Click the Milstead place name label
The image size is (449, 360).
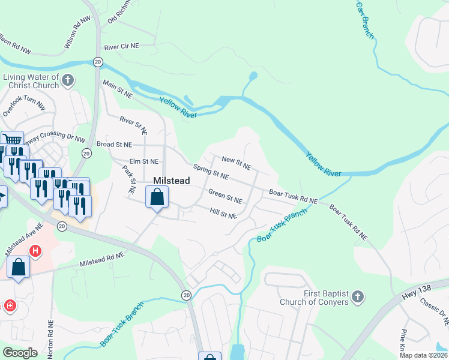[172, 181]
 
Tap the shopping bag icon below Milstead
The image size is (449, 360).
[157, 197]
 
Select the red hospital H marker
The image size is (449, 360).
[35, 251]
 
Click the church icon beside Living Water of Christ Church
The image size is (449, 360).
[68, 80]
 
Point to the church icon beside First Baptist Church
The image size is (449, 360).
[357, 296]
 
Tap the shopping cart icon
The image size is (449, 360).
[12, 139]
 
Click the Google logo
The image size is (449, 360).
[19, 353]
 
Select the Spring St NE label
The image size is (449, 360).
[211, 172]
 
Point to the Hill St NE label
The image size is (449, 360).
[224, 213]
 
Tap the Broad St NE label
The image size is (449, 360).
[113, 145]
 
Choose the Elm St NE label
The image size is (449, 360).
[144, 161]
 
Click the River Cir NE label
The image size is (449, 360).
[122, 46]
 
